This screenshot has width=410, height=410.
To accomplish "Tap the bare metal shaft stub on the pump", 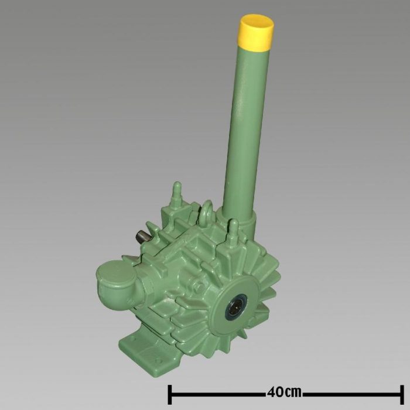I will coord(141,237).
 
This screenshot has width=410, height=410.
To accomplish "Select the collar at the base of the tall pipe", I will coord(240,223).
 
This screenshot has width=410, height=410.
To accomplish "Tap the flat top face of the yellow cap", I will coord(257,23).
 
